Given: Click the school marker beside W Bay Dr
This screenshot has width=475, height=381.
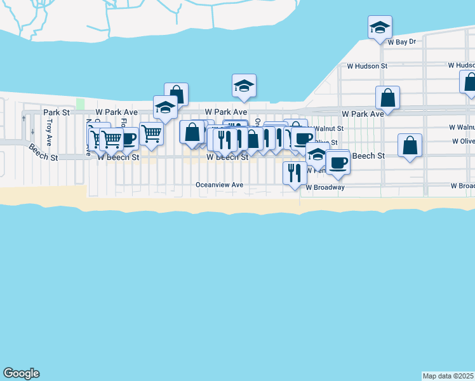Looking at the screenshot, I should (x=380, y=27).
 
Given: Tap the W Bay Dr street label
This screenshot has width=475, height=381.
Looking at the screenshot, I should (x=401, y=42).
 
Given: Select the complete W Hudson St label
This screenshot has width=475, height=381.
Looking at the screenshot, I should (x=366, y=65).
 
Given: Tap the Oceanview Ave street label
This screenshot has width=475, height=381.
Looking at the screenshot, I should (x=220, y=185).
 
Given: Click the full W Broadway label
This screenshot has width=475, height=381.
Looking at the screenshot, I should (x=325, y=188).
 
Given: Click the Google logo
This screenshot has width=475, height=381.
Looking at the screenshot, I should (x=21, y=373).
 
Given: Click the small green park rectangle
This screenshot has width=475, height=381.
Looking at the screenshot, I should (x=80, y=104).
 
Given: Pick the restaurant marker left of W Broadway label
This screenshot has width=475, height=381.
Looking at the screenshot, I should (x=294, y=171).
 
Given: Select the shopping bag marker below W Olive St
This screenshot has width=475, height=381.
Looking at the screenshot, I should (x=410, y=145).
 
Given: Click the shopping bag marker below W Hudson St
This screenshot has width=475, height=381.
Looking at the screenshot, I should (x=387, y=98).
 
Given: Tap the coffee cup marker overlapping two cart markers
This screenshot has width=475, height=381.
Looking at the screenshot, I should (x=128, y=138).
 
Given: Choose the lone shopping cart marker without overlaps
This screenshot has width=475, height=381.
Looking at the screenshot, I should (x=151, y=133).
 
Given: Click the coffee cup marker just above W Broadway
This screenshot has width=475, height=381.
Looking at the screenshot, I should (x=338, y=161).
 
